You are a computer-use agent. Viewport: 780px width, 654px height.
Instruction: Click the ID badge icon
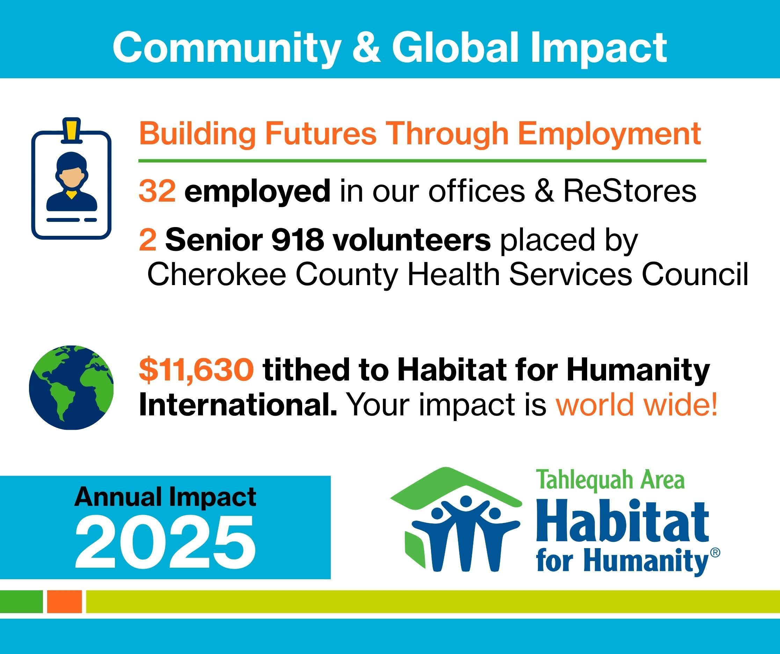coord(71,179)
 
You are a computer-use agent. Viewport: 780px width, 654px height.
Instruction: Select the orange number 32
coord(157,190)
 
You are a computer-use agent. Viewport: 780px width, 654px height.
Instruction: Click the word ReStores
coord(629,190)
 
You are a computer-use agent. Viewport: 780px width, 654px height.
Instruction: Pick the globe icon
coord(71,387)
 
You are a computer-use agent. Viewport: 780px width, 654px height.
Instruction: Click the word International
coord(238,405)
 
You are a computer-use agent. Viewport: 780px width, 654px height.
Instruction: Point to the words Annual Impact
coord(165,497)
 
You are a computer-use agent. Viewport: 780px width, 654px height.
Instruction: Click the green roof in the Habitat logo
coord(457,487)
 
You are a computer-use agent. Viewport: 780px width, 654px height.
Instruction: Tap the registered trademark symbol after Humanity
coord(715,553)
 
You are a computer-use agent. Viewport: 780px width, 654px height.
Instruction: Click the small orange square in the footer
coord(64,601)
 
